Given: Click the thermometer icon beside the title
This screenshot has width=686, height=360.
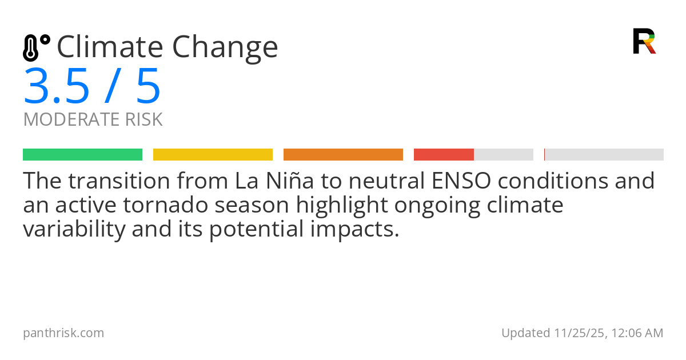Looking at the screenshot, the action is click(x=37, y=47).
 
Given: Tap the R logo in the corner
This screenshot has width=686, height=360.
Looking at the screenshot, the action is click(x=644, y=41).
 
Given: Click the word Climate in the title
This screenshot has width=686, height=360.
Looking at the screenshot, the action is click(x=110, y=47).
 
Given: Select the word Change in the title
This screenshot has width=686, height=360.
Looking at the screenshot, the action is click(x=225, y=49).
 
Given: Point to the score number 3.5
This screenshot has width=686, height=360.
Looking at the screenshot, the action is click(x=57, y=86).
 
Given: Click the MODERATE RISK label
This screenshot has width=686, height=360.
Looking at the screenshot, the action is click(x=93, y=119).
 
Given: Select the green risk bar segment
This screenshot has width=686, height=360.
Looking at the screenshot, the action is click(x=83, y=155).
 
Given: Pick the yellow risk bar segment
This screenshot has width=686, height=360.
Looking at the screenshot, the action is click(x=213, y=155).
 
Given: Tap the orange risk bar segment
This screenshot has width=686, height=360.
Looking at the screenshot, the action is click(x=343, y=155).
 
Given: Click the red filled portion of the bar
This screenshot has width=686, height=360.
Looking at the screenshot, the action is click(x=444, y=155).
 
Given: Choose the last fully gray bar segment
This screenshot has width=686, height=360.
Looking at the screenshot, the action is click(x=604, y=155).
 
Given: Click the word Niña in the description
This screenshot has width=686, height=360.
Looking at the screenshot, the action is click(x=290, y=181).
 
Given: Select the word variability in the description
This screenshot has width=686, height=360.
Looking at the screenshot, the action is click(x=74, y=229).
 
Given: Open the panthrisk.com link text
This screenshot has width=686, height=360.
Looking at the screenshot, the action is click(x=63, y=333).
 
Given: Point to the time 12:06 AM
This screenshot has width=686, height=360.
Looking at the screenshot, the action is click(x=637, y=333).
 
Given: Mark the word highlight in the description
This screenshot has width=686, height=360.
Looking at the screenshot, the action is click(x=342, y=206).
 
